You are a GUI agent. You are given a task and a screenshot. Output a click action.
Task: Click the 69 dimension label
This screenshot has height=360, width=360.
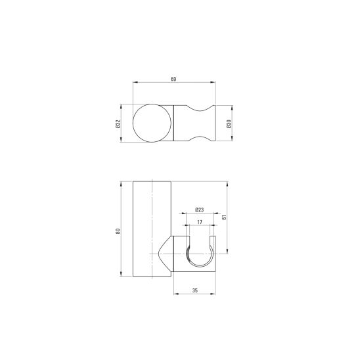(173, 79)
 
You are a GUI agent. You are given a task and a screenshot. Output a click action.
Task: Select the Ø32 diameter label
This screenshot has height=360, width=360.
(118, 124)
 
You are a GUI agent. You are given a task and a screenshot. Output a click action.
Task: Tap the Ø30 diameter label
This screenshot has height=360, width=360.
(229, 124)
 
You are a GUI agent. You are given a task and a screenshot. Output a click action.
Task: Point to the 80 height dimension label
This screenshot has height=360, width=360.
(118, 231)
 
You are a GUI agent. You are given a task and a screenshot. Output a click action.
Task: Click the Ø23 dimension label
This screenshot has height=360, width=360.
(200, 210)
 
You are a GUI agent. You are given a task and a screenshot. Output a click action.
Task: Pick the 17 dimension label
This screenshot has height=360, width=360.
(200, 222)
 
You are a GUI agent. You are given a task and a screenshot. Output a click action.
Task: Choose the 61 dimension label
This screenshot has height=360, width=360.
(224, 217)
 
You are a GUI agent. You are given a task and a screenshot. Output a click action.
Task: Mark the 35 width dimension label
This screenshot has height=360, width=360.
(194, 290)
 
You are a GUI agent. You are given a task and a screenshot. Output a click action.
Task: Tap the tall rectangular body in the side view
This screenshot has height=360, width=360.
(152, 229)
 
